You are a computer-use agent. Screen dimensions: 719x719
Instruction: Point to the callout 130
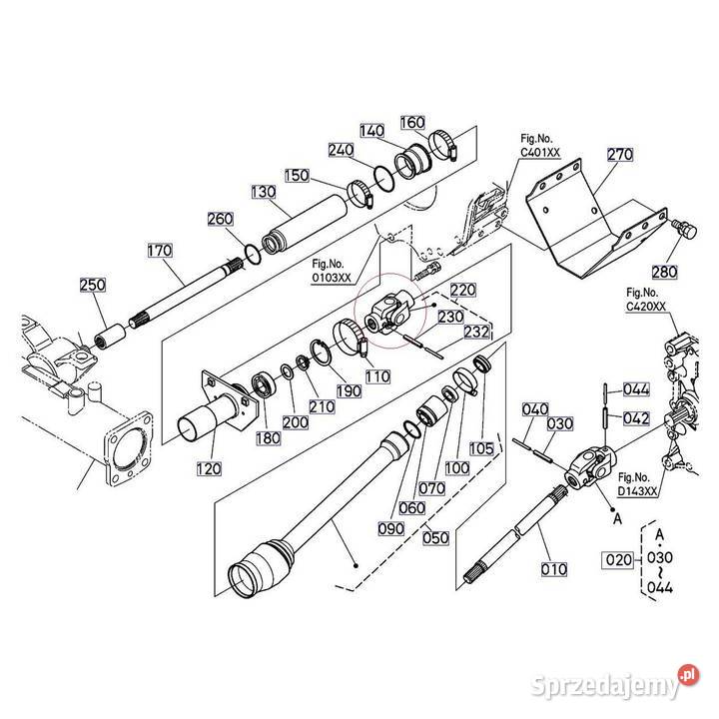click(x=264, y=192)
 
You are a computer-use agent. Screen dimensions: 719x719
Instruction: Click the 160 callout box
click(x=412, y=122)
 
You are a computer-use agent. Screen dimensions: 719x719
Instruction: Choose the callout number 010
click(x=552, y=571)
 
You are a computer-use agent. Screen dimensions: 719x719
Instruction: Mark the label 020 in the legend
click(x=617, y=559)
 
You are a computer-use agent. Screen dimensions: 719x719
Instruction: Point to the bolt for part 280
click(x=684, y=231)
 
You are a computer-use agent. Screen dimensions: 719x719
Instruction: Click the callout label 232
click(x=476, y=332)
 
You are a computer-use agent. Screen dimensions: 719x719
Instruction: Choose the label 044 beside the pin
click(x=636, y=389)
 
